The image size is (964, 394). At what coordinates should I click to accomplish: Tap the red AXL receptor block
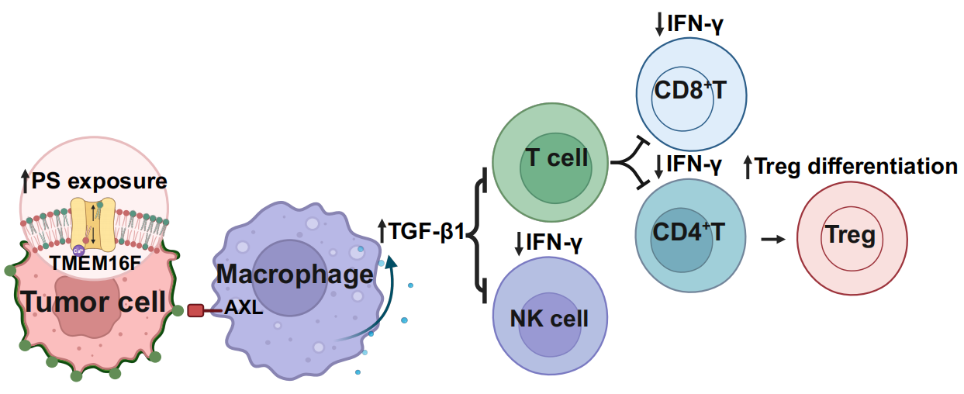tap(195, 310)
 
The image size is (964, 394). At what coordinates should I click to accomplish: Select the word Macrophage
tap(295, 274)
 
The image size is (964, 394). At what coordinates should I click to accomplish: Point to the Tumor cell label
tap(94, 301)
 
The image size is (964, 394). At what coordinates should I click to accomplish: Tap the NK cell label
tap(549, 318)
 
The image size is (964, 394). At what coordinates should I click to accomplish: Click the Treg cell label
tap(850, 234)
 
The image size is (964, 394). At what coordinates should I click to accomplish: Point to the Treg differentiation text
tap(851, 166)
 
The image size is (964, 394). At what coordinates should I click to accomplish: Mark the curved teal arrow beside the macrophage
tap(380, 302)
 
